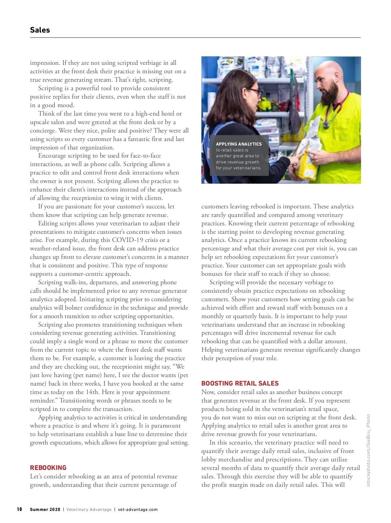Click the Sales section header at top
coord(40,30)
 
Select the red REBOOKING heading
coord(48,468)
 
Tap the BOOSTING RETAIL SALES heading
coord(240,383)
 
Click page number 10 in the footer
coord(20,509)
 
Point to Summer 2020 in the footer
coord(45,509)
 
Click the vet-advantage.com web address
coord(138,509)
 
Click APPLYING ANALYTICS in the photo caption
coord(239,144)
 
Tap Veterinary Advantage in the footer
coord(89,509)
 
